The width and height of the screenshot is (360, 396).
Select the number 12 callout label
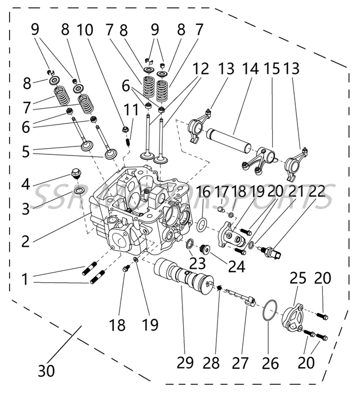(201, 69)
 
